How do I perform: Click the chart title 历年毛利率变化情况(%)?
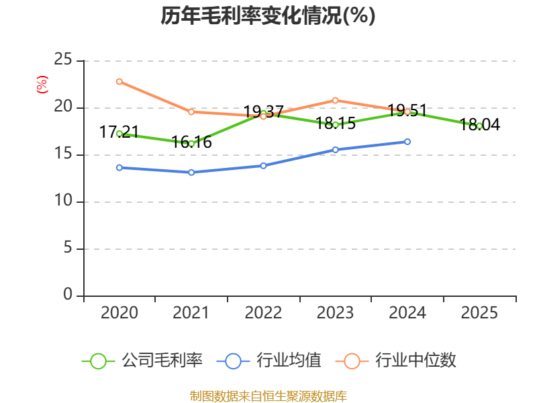click(x=268, y=15)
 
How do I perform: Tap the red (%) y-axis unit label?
click(x=42, y=85)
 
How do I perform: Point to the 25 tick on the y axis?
click(x=62, y=59)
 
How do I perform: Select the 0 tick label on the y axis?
click(x=68, y=294)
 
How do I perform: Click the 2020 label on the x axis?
click(x=119, y=312)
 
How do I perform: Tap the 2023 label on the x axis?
click(x=335, y=312)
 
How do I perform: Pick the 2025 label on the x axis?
click(x=479, y=312)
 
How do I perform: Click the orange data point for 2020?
click(x=119, y=81)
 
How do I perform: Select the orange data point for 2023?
click(x=335, y=100)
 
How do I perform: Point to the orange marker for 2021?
click(x=191, y=111)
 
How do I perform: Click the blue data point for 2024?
click(x=407, y=142)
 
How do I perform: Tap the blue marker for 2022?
click(x=263, y=166)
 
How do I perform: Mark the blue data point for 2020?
click(x=119, y=167)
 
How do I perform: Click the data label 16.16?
click(x=191, y=142)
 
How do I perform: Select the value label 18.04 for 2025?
click(x=479, y=124)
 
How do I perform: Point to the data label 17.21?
click(x=119, y=132)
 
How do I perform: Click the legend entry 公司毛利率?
click(x=142, y=361)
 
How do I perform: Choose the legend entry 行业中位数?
click(x=395, y=361)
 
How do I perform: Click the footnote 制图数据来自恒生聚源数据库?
click(x=268, y=396)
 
